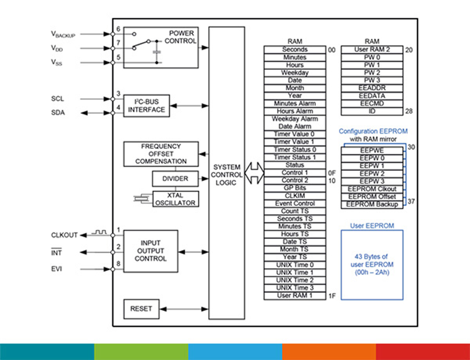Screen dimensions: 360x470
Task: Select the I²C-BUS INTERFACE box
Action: (x=147, y=106)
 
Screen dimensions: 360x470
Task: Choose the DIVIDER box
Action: (x=175, y=179)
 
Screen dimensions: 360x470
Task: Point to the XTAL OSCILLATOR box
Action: (x=175, y=199)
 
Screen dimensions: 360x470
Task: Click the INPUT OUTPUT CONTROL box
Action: (x=151, y=251)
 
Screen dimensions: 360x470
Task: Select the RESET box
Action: (x=141, y=309)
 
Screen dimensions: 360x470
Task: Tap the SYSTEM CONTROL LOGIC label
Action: (x=226, y=174)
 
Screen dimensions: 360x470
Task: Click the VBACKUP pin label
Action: (x=63, y=34)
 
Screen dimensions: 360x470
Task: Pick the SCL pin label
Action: (x=57, y=99)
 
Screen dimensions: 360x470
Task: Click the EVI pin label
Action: (x=56, y=269)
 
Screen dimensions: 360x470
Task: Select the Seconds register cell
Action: (x=295, y=50)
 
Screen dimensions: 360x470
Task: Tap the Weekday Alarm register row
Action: (x=295, y=119)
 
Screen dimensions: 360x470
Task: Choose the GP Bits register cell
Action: (x=295, y=188)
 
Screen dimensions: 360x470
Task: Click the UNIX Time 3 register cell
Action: (x=295, y=288)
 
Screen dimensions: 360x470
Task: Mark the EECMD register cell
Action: (x=372, y=103)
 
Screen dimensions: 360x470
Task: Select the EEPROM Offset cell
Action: (x=372, y=196)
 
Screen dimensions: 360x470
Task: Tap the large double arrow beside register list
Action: (x=254, y=173)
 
